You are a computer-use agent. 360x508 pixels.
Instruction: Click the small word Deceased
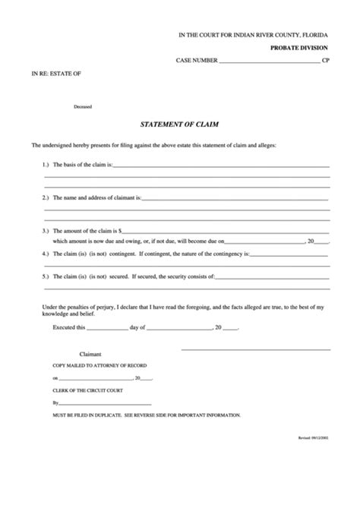pyautogui.click(x=84, y=106)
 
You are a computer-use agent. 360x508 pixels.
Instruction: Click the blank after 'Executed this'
pyautogui.click(x=109, y=329)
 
